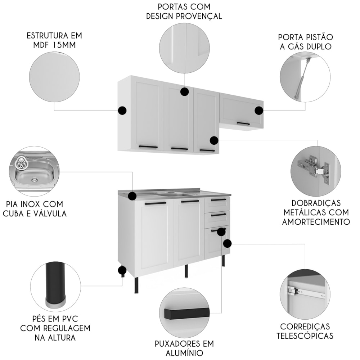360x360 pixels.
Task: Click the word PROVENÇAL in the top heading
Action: click(198, 16)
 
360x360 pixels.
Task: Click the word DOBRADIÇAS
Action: click(316, 203)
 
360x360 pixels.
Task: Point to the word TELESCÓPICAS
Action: click(305, 336)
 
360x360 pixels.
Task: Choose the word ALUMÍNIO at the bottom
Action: click(184, 353)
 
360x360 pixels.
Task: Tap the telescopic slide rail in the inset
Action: click(306, 293)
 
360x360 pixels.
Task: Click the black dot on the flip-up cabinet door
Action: click(259, 111)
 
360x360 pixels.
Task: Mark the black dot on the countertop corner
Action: click(132, 196)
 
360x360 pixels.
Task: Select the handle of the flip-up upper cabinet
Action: click(243, 124)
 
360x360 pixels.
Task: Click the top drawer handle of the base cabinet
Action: click(219, 200)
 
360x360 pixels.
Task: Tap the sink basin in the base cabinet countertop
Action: click(175, 195)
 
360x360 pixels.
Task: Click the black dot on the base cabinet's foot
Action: click(122, 270)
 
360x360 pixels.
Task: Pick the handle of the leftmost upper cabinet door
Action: click(148, 147)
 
